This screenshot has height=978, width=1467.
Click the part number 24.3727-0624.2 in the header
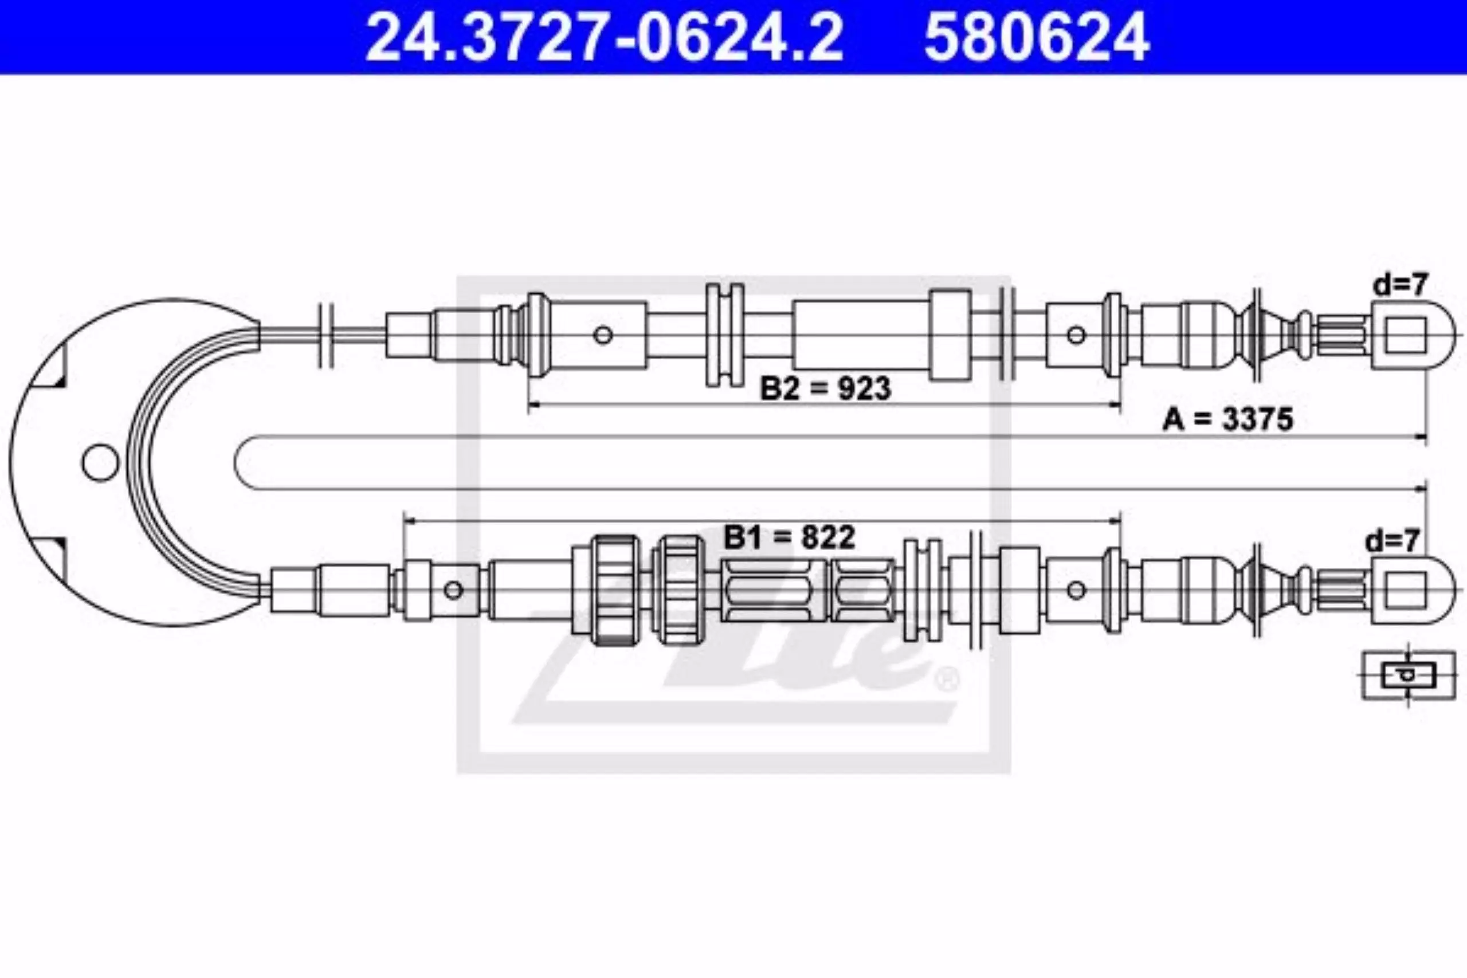tap(604, 37)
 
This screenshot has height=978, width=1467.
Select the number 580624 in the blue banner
tap(1037, 37)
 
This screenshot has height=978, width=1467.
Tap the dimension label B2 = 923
tap(826, 388)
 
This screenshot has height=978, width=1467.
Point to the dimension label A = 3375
tap(1228, 419)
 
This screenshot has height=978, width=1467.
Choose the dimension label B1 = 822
tap(789, 536)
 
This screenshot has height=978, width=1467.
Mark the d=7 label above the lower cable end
tap(1393, 541)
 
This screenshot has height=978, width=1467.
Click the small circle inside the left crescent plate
tap(100, 462)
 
